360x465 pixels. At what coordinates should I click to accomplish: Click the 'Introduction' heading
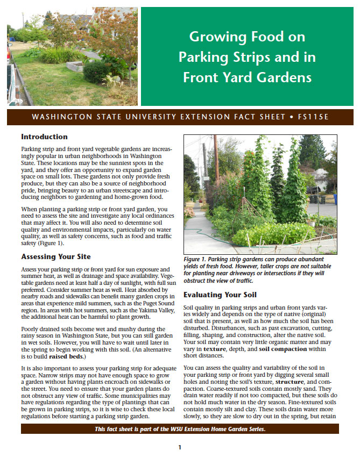point(44,137)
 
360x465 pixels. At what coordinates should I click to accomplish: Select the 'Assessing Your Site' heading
point(56,256)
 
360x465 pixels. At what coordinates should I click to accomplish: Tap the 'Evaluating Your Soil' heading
point(220,295)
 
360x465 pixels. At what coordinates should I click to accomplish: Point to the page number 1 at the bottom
point(180,447)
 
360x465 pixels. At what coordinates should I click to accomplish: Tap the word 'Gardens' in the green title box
point(285,77)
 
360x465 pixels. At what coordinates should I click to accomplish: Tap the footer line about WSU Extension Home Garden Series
point(180,428)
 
